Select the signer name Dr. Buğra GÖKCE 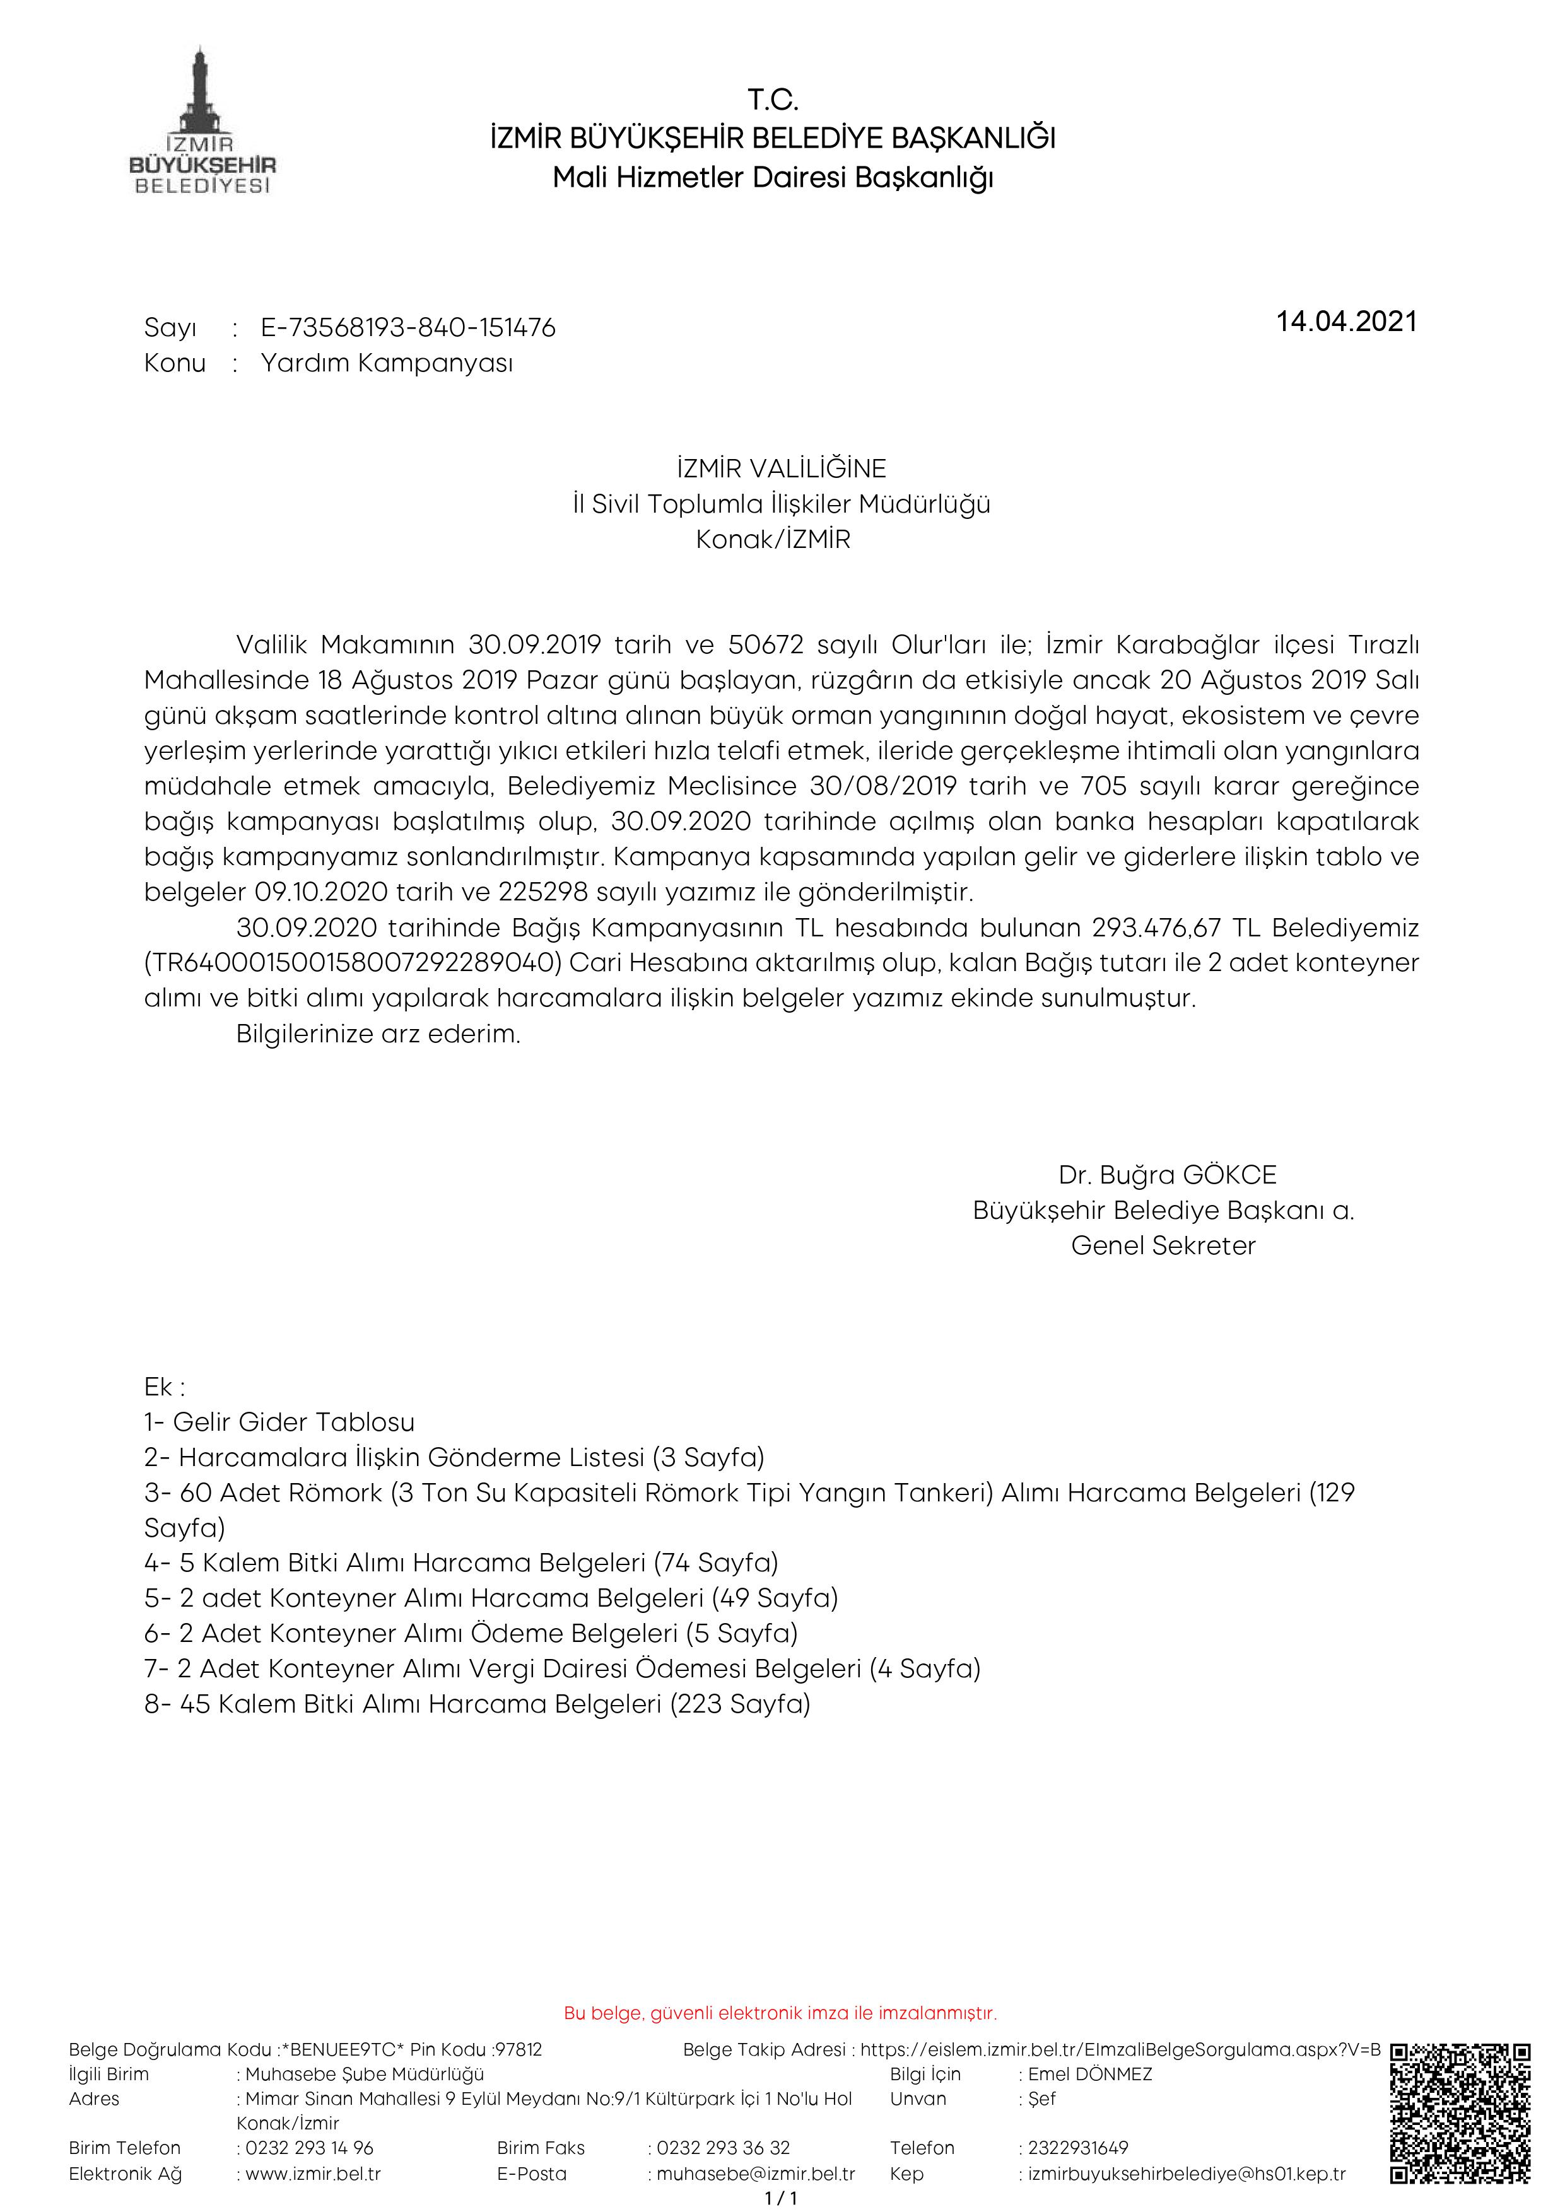pos(1166,1175)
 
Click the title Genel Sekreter pos(1163,1246)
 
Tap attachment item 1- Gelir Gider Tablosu pos(279,1422)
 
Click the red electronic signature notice pos(780,2013)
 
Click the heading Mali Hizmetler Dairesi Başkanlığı pos(773,178)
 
